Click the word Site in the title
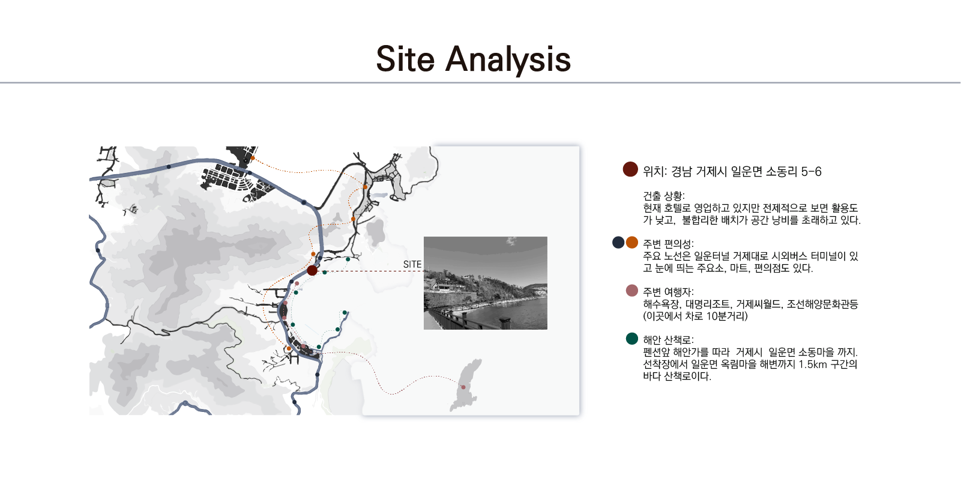pyautogui.click(x=405, y=59)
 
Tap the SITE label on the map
pyautogui.click(x=412, y=265)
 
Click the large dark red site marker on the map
pyautogui.click(x=312, y=270)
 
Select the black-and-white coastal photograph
pyautogui.click(x=485, y=283)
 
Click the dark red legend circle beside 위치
pyautogui.click(x=630, y=169)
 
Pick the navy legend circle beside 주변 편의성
pyautogui.click(x=618, y=243)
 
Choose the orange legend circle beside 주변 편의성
pyautogui.click(x=632, y=243)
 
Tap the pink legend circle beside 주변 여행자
pyautogui.click(x=632, y=291)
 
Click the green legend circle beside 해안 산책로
pyautogui.click(x=632, y=339)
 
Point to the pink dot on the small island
pyautogui.click(x=463, y=387)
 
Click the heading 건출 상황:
pyautogui.click(x=664, y=196)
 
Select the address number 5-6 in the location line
pyautogui.click(x=812, y=172)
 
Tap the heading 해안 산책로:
pyautogui.click(x=668, y=340)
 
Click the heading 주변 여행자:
pyautogui.click(x=668, y=292)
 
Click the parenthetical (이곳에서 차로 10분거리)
pyautogui.click(x=695, y=316)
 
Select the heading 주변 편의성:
pyautogui.click(x=668, y=244)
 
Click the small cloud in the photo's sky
pyautogui.click(x=511, y=241)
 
